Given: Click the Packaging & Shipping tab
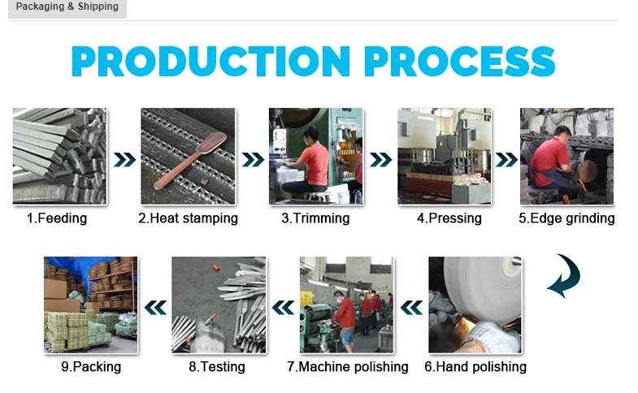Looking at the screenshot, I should pos(67,7).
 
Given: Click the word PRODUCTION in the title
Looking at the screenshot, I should pos(210,62).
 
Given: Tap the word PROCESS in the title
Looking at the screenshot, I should pos(459,62).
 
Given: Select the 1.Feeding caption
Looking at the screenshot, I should pos(57,218).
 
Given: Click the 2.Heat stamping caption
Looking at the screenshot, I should pos(188,218).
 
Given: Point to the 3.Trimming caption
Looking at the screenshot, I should pos(315,218).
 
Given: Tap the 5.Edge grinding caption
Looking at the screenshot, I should pos(566,218).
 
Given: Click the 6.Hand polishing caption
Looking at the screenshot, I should pos(475,367).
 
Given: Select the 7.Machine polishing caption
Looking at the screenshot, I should pos(348,367).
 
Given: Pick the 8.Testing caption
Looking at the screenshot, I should pos(217,367).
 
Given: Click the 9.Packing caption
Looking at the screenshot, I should pos(91,367).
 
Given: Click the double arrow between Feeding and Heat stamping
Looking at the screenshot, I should pos(124,159).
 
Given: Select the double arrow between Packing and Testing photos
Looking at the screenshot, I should pos(154,307).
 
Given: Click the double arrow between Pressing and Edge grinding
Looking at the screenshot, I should pos(506,159).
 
